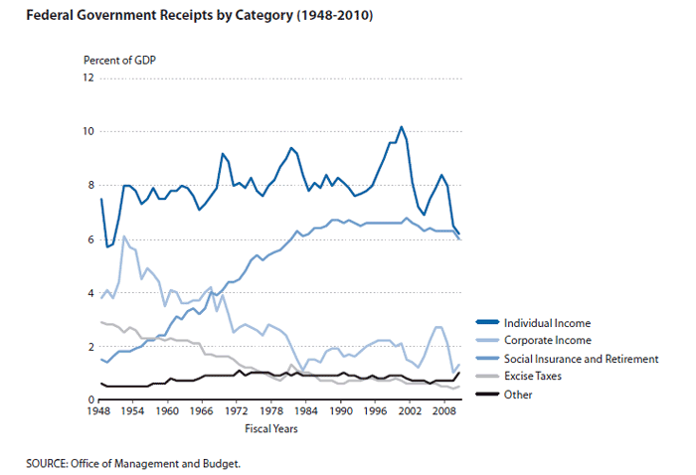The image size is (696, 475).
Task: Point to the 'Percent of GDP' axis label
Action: tap(120, 60)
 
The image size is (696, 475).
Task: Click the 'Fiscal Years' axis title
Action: tap(272, 427)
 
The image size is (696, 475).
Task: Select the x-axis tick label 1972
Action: tap(236, 410)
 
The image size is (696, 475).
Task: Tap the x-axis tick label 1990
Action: tap(340, 410)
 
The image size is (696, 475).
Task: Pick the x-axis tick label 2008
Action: tap(443, 410)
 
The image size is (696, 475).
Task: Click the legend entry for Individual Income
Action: tap(546, 323)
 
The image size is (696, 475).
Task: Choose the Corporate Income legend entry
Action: tap(548, 341)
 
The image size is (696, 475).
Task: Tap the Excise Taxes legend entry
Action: tap(536, 377)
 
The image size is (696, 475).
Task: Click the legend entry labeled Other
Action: tap(519, 395)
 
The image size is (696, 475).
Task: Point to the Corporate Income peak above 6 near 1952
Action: tap(123, 237)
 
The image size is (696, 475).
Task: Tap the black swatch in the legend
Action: tap(488, 395)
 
